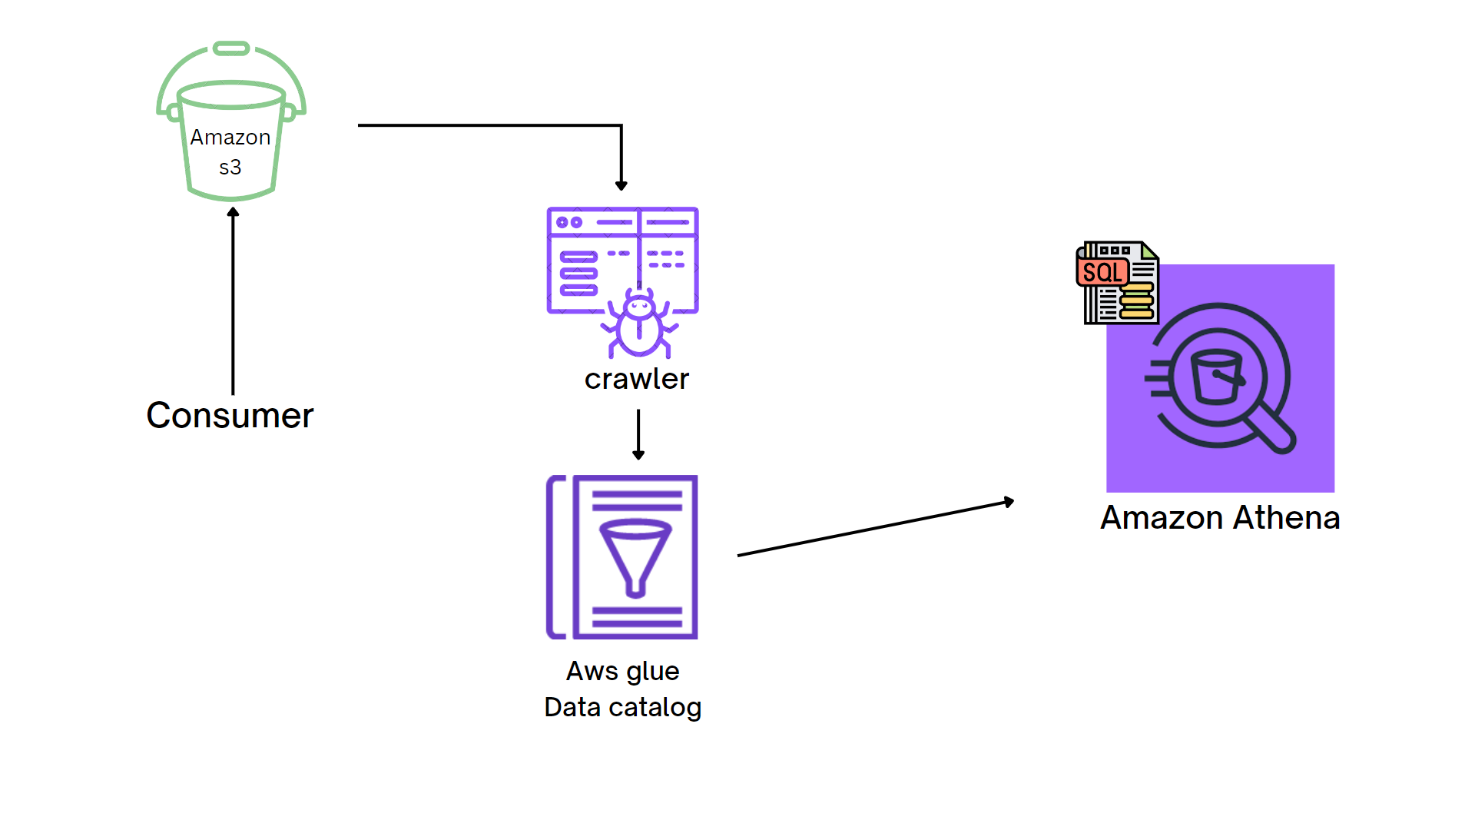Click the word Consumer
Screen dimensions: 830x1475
point(230,416)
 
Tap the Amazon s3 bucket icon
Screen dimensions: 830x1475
point(230,123)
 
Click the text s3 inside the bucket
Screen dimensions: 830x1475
point(230,168)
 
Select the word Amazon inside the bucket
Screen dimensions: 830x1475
point(230,138)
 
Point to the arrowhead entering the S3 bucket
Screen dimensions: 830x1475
point(233,212)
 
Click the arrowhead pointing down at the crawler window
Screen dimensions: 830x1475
point(621,185)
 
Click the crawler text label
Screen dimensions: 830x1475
point(636,379)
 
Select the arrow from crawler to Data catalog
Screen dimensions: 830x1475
point(638,434)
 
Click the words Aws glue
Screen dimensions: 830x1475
point(622,671)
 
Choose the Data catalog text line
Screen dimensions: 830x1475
point(622,707)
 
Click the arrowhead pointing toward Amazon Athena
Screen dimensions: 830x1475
point(1009,502)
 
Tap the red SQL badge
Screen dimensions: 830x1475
point(1102,272)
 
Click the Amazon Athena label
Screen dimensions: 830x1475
point(1220,518)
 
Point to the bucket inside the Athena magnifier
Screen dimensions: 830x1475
point(1216,377)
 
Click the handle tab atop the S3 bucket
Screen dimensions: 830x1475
point(231,49)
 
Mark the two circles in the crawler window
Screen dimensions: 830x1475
point(569,222)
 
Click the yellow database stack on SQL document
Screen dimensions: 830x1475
point(1137,300)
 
